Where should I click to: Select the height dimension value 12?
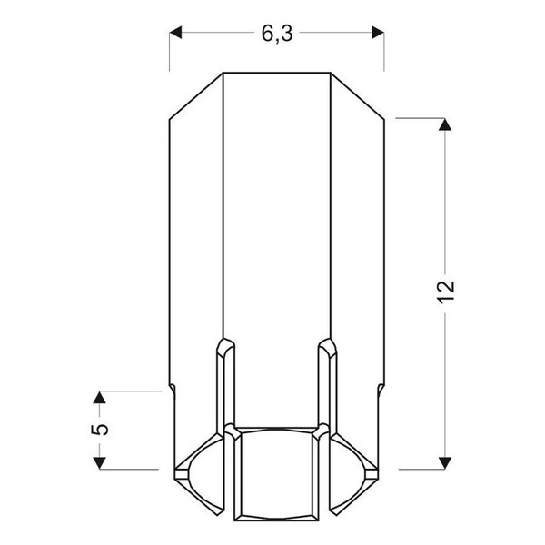pyautogui.click(x=444, y=292)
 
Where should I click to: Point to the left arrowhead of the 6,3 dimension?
pyautogui.click(x=178, y=34)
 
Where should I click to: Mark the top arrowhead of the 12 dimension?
pyautogui.click(x=444, y=125)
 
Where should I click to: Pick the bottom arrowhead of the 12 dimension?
pyautogui.click(x=444, y=461)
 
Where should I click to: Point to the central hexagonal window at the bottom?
pyautogui.click(x=276, y=472)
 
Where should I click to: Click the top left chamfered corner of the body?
pyautogui.click(x=196, y=95)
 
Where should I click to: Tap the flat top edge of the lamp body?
pyautogui.click(x=276, y=73)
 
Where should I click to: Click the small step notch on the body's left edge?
pyautogui.click(x=172, y=390)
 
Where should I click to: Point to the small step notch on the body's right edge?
pyautogui.click(x=381, y=390)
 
